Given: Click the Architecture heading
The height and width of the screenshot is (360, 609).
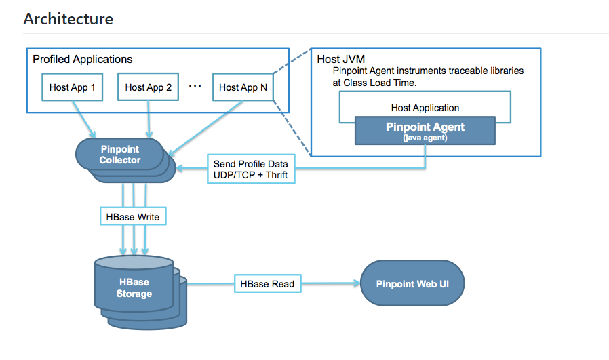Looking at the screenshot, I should click(x=68, y=19).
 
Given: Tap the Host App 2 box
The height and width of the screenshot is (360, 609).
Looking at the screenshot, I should click(x=148, y=87).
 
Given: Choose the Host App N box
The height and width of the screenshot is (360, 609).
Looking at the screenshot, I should click(x=243, y=87).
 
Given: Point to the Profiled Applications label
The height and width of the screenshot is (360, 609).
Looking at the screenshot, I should click(x=83, y=60).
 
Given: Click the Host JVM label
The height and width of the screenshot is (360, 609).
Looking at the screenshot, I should click(x=338, y=60).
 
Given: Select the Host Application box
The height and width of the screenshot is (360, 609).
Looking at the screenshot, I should click(x=425, y=108).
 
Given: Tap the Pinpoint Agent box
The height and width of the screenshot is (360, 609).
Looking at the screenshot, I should click(x=425, y=129).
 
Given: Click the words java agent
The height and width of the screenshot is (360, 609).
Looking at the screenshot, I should click(x=425, y=137).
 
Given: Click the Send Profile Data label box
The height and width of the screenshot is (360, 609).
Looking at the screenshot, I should click(x=250, y=169).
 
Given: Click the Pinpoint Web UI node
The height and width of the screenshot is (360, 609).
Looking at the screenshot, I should click(x=412, y=284).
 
